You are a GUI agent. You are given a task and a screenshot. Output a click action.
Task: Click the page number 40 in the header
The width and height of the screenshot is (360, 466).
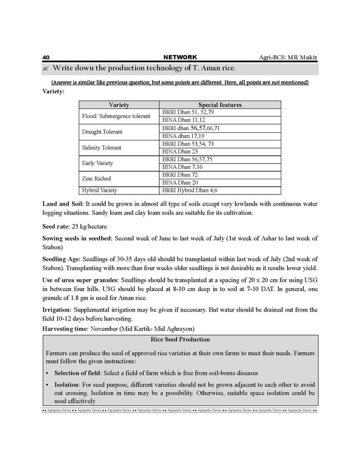coord(45,58)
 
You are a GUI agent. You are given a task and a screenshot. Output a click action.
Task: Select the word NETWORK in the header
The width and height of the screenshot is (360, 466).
coord(180,58)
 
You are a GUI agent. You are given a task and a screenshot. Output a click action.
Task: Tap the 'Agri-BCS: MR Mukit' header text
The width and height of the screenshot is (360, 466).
coord(288,58)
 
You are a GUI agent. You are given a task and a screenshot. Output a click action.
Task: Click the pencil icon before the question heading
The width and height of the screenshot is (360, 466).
coord(45,69)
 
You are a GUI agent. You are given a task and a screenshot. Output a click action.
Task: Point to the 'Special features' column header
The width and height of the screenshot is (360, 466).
coord(220,105)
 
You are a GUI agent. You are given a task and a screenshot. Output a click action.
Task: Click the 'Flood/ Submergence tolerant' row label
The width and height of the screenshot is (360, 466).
coord(116,116)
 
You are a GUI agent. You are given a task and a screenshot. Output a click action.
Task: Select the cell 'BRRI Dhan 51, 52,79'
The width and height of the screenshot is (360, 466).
coord(188,112)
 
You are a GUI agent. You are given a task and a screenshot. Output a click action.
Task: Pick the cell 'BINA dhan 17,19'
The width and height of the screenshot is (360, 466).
coord(183,136)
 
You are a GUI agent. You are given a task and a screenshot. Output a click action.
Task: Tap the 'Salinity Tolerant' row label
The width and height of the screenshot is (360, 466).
coord(102,148)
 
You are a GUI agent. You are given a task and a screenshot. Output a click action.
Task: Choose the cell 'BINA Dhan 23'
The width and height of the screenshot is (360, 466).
coord(180,151)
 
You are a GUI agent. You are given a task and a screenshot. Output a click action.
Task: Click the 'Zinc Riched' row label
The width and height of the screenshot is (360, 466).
coord(96,179)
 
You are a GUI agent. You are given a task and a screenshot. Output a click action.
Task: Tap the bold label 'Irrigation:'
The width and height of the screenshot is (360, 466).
coord(57,310)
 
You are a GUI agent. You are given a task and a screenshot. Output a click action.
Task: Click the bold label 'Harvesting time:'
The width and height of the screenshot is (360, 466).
coord(65,329)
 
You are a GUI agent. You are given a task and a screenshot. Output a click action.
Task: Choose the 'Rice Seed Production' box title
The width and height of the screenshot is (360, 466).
coord(180,339)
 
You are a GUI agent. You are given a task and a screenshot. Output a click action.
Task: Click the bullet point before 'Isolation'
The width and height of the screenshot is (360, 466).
coord(48,385)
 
